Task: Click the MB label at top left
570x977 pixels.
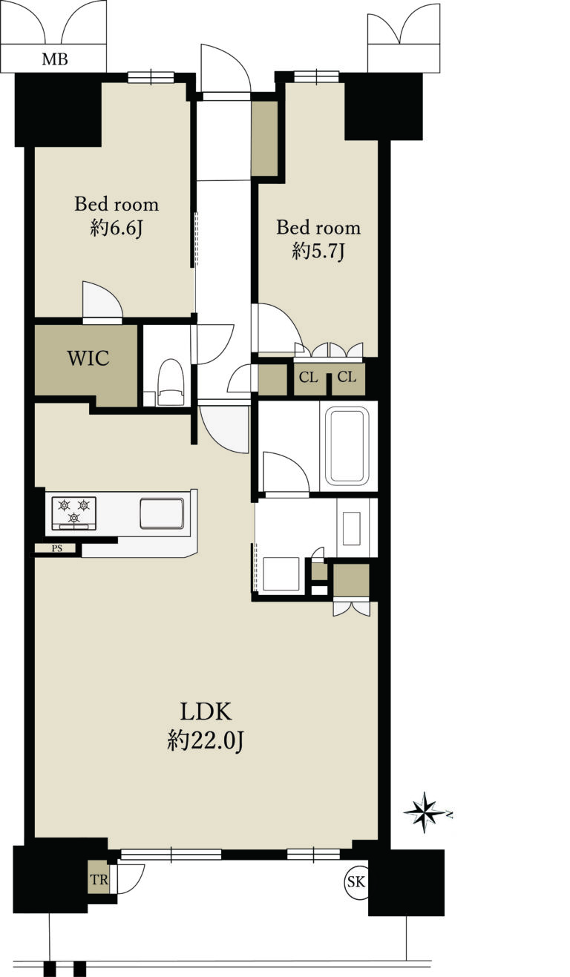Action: (x=54, y=59)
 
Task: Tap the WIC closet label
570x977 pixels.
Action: (x=88, y=359)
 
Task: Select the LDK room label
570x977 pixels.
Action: (x=206, y=711)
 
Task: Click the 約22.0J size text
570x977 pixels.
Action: (x=206, y=740)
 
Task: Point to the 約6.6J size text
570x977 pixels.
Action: (x=116, y=228)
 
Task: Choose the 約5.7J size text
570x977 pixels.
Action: (x=318, y=251)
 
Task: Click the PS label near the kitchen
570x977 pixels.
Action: (x=57, y=549)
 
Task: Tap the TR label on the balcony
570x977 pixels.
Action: (x=98, y=880)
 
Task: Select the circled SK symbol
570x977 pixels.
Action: (x=356, y=882)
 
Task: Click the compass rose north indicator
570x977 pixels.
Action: (x=425, y=812)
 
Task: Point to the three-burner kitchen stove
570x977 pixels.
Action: (x=74, y=513)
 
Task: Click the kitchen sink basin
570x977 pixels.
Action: (x=162, y=514)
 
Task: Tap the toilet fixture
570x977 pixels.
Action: (x=171, y=382)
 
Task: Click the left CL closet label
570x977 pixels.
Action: (x=309, y=378)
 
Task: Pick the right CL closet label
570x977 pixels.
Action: (x=347, y=378)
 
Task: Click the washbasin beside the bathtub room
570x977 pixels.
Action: (x=352, y=527)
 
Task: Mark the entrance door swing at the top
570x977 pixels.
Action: (x=226, y=70)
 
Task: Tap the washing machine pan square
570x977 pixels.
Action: (x=281, y=573)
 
